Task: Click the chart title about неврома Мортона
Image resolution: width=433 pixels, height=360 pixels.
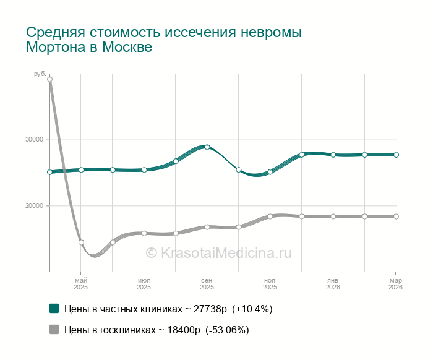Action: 164,40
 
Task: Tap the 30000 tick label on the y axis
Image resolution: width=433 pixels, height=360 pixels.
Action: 33,139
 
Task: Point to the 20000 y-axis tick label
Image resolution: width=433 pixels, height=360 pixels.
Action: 33,205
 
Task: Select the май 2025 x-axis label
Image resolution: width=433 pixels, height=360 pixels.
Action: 81,283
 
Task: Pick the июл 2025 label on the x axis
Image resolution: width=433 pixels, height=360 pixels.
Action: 144,283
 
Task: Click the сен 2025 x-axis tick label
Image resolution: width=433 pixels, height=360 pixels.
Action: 207,283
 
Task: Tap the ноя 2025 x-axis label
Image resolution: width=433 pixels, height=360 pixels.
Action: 270,283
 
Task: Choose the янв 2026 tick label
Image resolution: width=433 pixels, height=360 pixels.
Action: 333,283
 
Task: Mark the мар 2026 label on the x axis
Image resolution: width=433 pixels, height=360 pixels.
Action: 395,283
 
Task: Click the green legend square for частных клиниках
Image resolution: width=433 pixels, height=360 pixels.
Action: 54,308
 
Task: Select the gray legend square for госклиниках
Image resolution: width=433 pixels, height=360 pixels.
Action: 54,330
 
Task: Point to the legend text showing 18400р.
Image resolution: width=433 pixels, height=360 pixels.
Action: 156,330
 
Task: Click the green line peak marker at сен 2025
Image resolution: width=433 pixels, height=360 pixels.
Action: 207,147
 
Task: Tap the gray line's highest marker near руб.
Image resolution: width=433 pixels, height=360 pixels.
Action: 49,79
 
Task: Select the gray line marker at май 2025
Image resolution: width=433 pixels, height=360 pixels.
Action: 81,242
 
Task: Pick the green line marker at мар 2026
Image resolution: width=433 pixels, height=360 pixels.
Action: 396,155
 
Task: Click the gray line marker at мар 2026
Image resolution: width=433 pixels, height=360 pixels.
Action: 396,216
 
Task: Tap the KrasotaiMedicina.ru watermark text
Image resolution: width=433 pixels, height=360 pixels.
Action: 218,252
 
